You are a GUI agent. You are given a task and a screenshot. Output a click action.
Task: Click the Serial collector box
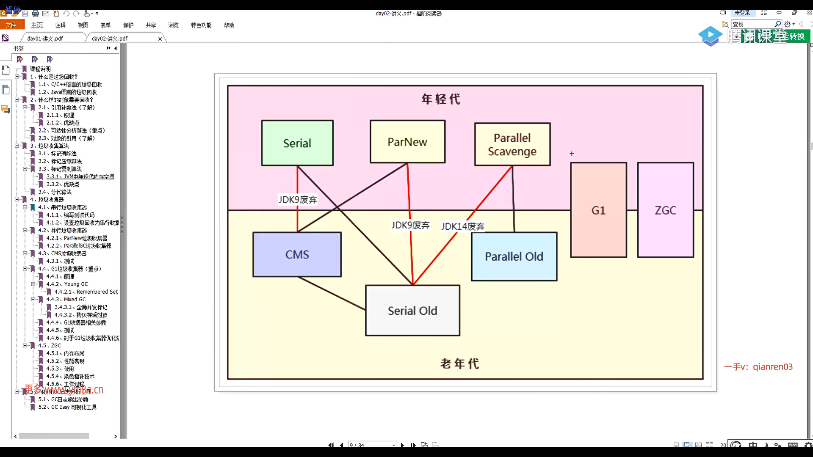[x=297, y=143]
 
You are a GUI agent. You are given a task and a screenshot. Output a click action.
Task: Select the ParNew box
[x=407, y=142]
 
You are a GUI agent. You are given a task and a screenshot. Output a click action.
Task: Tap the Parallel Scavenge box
[x=512, y=144]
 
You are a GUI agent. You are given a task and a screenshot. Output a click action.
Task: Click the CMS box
[x=297, y=254]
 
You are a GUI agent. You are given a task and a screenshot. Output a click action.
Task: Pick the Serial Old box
[x=412, y=311]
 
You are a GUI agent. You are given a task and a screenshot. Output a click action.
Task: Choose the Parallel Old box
[x=514, y=256]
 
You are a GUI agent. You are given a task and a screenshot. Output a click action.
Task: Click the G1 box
[x=598, y=210]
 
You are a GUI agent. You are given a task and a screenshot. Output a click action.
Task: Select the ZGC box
[x=665, y=210]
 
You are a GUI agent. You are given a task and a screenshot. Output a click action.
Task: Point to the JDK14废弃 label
[x=463, y=226]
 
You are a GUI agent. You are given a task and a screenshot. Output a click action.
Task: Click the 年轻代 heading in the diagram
[x=441, y=99]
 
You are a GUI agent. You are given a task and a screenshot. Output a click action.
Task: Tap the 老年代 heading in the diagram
[x=460, y=363]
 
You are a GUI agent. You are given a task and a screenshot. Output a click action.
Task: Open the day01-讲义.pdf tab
[x=45, y=39]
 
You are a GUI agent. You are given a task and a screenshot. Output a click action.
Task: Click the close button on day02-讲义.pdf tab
[x=160, y=39]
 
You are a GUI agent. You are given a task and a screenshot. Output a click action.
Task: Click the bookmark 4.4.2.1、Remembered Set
[x=86, y=292]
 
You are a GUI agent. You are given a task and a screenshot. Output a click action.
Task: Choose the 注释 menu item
[x=61, y=25]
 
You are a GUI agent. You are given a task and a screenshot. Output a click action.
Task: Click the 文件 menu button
[x=11, y=25]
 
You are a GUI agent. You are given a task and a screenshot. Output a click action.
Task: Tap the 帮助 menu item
[x=229, y=25]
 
